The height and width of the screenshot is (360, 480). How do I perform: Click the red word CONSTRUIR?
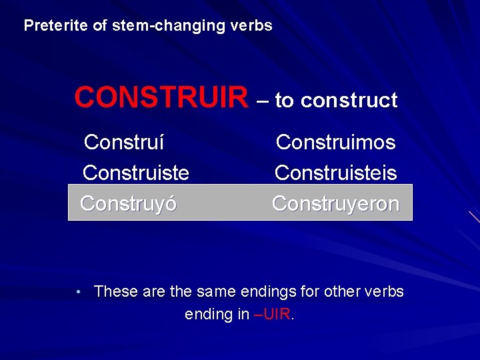[x=161, y=98]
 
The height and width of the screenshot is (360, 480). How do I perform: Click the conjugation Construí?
[x=125, y=142]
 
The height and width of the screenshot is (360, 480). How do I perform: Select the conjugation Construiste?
[x=135, y=173]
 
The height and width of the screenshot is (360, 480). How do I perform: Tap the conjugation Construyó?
[x=128, y=203]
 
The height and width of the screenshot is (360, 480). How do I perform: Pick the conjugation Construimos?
[x=335, y=142]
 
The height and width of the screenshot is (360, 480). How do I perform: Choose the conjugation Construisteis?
[x=335, y=173]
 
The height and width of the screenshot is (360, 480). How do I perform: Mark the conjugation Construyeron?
[x=335, y=203]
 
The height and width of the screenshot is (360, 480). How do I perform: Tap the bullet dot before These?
[x=79, y=292]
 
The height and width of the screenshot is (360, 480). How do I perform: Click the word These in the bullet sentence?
[x=116, y=291]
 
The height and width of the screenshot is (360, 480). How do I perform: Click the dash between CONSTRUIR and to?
[x=263, y=101]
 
